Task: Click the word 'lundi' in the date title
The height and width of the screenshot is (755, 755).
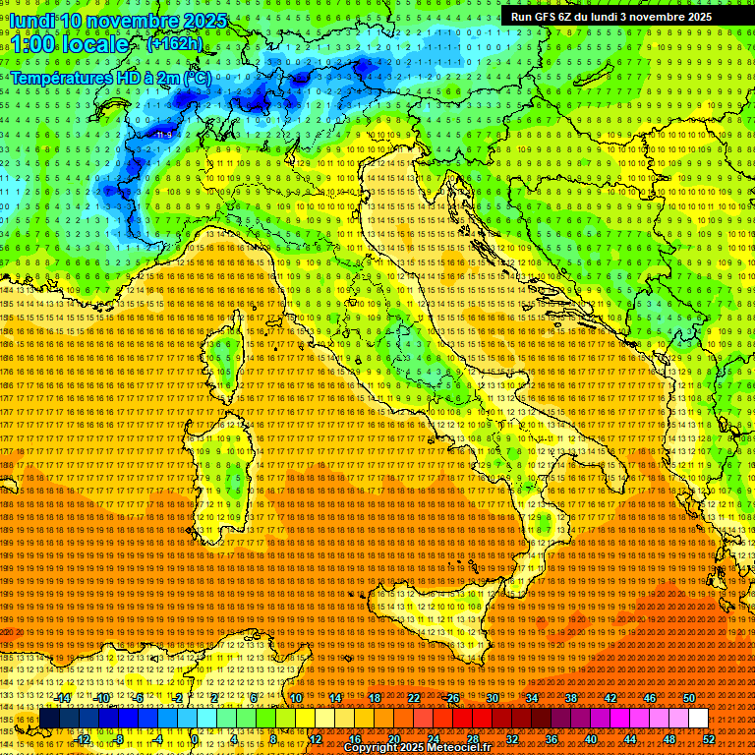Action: click(34, 21)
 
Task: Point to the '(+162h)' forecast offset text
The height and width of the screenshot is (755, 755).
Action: click(174, 43)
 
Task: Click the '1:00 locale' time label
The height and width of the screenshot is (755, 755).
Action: click(69, 45)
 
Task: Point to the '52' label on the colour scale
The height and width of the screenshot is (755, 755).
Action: click(709, 739)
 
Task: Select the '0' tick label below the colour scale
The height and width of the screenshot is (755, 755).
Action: click(195, 739)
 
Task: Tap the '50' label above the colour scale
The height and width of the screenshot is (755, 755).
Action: click(688, 698)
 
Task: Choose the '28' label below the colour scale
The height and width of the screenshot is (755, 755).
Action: click(473, 739)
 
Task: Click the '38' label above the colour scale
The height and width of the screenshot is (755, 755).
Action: click(571, 698)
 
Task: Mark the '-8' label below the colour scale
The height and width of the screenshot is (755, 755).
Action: click(119, 739)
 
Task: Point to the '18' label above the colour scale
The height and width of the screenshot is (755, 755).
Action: click(374, 698)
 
